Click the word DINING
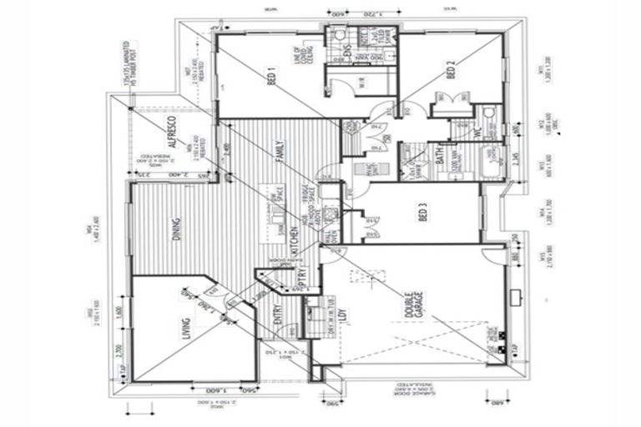click(x=176, y=227)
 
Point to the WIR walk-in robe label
click(x=361, y=81)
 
